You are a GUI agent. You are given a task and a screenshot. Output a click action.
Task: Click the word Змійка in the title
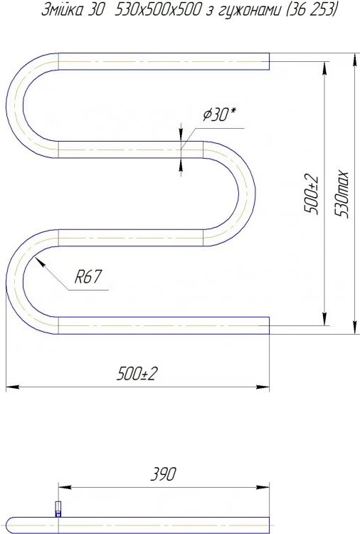click(63, 11)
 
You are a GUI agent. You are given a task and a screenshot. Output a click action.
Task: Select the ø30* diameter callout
click(219, 115)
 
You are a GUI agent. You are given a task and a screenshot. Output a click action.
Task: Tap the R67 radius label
click(88, 276)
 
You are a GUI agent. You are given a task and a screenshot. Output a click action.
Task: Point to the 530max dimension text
click(342, 194)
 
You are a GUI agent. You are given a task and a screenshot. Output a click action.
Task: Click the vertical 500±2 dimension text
click(312, 194)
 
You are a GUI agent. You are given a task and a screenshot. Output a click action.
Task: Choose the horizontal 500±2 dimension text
click(137, 374)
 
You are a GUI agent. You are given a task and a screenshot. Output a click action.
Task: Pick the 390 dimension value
click(164, 474)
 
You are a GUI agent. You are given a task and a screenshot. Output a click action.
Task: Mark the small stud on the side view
click(58, 509)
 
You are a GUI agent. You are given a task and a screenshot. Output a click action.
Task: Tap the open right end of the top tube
click(269, 61)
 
